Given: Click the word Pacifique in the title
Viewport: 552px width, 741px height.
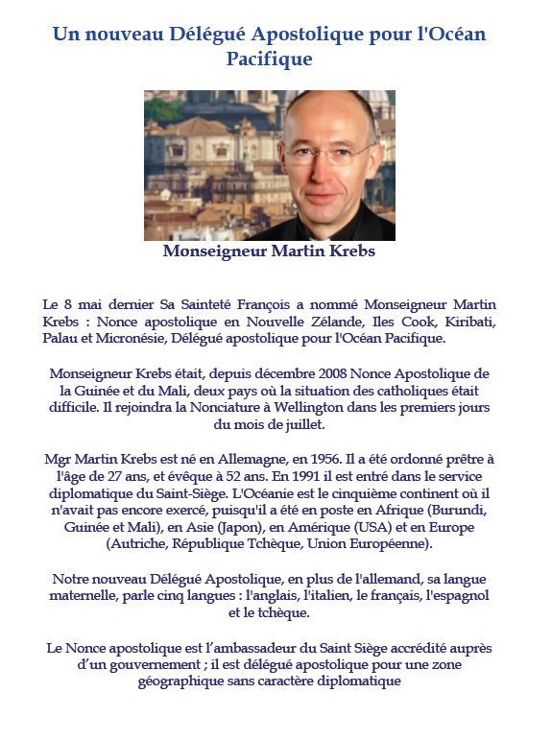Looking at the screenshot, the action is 269,60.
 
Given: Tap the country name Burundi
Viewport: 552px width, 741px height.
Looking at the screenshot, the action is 459,512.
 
